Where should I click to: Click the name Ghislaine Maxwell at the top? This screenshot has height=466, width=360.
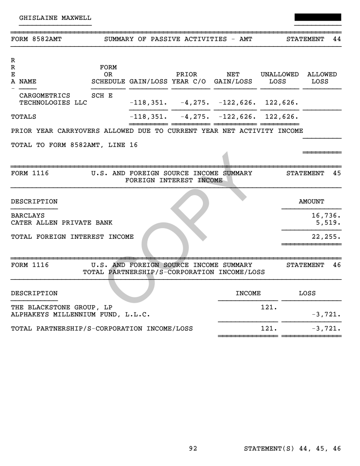coord(55,18)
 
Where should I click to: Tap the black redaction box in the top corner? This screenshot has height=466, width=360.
coord(318,17)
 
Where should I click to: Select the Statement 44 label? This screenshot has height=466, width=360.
coord(314,39)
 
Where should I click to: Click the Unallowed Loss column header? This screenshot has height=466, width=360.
coord(279,78)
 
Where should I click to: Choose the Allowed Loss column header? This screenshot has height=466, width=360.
coord(322,78)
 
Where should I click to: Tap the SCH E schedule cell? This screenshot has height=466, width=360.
coord(102,96)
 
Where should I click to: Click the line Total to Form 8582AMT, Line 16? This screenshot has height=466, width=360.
coord(74,145)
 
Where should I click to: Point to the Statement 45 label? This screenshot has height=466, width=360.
coord(314,173)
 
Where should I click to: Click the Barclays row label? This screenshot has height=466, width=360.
coord(28,216)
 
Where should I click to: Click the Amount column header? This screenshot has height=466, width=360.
coord(311,202)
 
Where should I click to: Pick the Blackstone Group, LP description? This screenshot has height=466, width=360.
coord(61,308)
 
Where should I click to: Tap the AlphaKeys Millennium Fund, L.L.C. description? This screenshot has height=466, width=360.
coord(80,315)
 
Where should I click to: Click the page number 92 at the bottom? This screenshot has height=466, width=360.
coord(193,449)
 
